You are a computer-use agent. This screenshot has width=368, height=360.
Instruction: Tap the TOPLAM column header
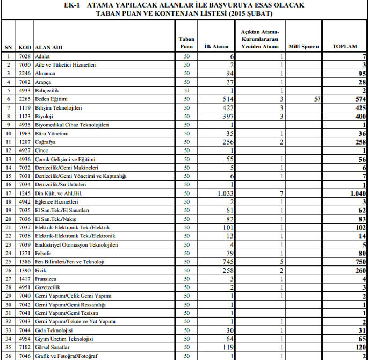pyautogui.click(x=344, y=47)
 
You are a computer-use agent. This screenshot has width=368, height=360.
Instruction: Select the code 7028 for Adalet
pyautogui.click(x=24, y=56)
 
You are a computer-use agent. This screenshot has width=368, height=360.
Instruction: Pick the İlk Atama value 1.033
pyautogui.click(x=223, y=192)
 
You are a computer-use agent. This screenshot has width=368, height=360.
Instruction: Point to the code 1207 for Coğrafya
pyautogui.click(x=24, y=142)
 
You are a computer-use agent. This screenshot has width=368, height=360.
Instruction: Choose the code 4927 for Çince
pyautogui.click(x=24, y=150)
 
